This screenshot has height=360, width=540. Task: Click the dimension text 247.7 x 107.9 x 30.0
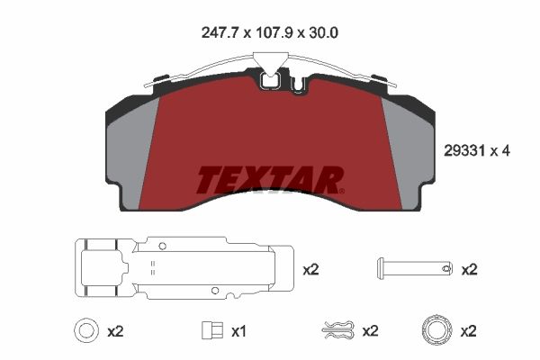[x=270, y=32]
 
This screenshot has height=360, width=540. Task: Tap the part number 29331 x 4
[x=477, y=151]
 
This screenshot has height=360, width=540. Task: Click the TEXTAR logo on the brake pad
[x=270, y=180]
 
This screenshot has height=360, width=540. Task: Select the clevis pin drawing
[x=414, y=267]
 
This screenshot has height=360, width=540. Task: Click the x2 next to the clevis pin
[x=470, y=270]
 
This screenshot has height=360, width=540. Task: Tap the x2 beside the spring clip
[x=370, y=331]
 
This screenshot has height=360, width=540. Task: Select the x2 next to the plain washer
[x=115, y=332]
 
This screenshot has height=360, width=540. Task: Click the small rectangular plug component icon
[x=212, y=330]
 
